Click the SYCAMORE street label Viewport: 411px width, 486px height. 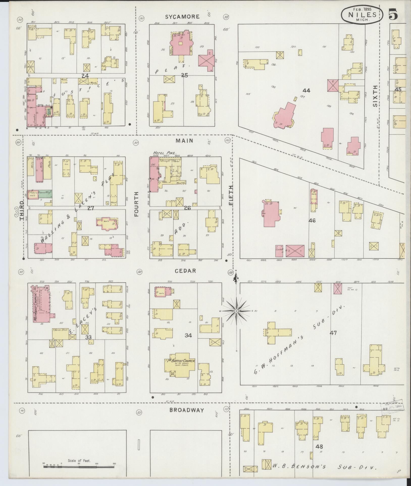click(182, 17)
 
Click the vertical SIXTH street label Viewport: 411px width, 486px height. click(375, 96)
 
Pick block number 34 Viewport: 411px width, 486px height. click(188, 335)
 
